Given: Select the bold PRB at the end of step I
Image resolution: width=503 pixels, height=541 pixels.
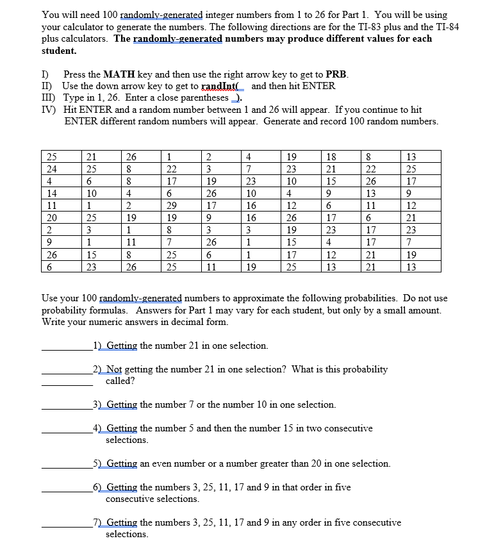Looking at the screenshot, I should [337, 74].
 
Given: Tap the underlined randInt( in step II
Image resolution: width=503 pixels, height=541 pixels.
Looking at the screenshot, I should [224, 86].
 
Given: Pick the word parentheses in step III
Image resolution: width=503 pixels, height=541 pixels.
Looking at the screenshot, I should [204, 97].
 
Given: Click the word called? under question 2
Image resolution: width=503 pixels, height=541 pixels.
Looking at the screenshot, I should [120, 381].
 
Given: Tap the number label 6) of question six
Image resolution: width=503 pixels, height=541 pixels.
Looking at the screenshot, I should [99, 487].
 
